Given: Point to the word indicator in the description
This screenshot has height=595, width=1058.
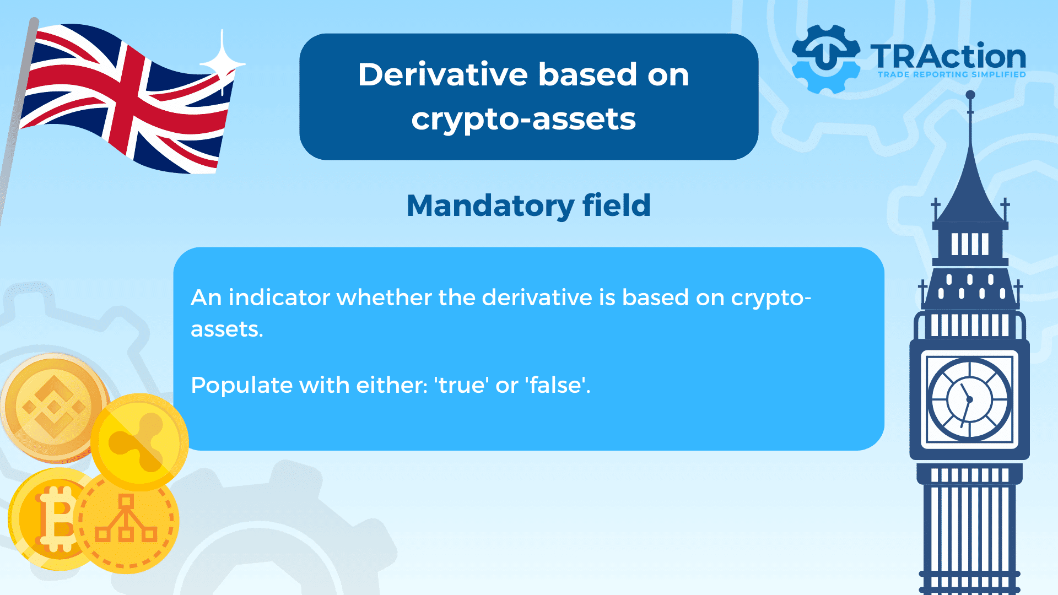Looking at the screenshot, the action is [279, 297].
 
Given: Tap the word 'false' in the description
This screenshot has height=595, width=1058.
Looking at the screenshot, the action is [557, 385].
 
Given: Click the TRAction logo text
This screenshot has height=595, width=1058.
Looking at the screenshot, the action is [948, 56].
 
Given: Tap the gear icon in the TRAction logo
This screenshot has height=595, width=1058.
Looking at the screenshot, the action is [825, 59].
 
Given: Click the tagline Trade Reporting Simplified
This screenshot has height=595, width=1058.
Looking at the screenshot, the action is [952, 74].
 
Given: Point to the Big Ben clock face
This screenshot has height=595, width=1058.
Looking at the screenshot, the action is [969, 399].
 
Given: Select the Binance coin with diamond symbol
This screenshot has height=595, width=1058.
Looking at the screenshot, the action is [53, 408].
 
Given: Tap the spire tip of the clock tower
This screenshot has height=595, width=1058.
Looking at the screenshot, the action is [970, 94].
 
